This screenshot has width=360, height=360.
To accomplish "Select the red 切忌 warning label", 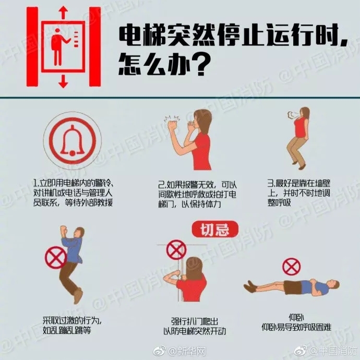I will [x=214, y=228].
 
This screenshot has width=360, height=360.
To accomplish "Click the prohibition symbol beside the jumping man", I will [x=54, y=257].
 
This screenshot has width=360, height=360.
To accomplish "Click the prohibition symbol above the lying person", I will [x=291, y=267].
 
